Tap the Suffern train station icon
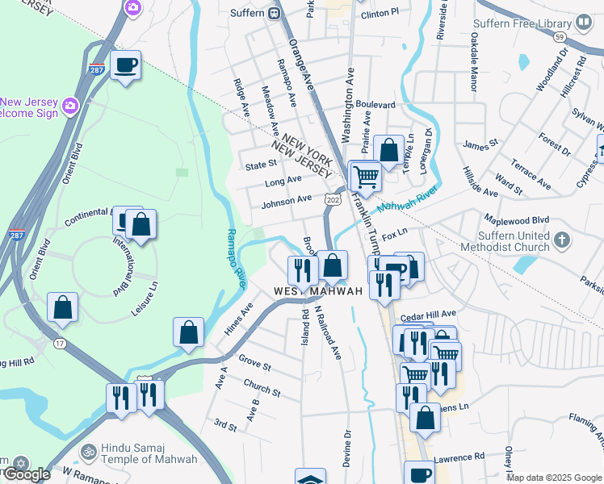click(275, 13)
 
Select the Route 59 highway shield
click(559, 37)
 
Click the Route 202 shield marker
click(332, 198)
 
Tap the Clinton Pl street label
click(380, 14)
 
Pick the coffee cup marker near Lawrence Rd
click(418, 473)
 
